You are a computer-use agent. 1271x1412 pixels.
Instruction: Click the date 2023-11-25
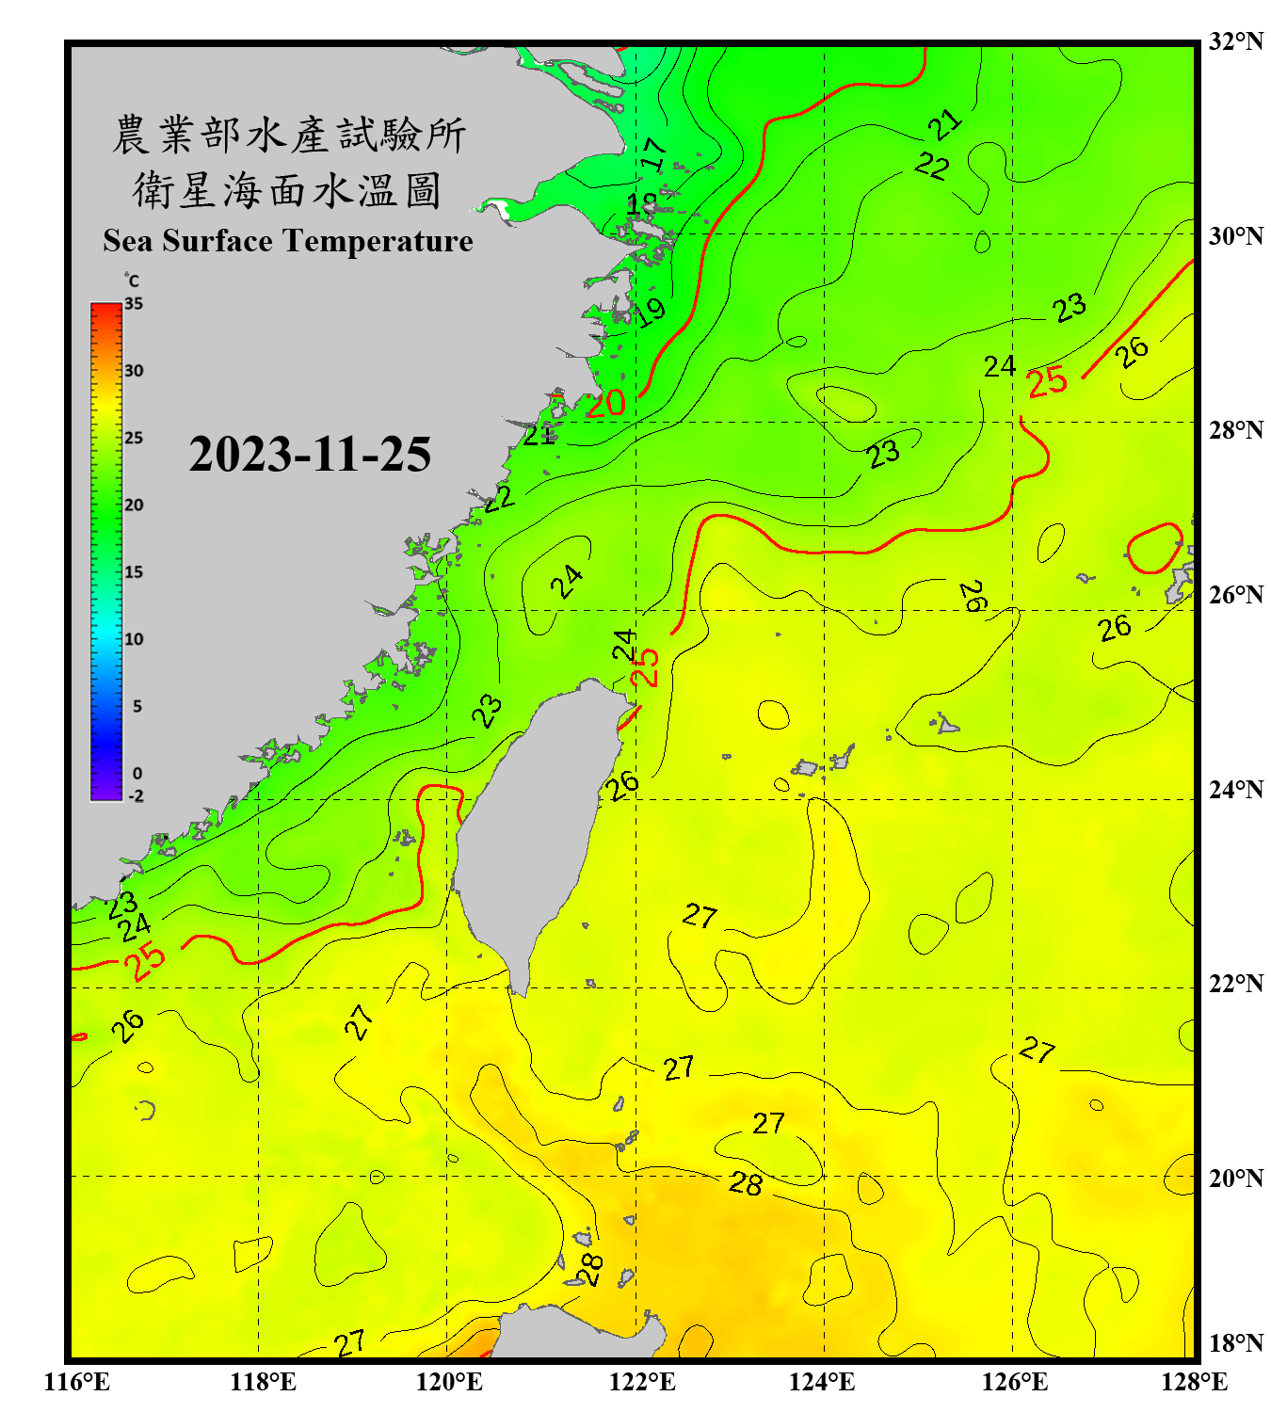click(310, 455)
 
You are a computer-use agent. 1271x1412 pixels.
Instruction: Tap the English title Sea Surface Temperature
click(287, 241)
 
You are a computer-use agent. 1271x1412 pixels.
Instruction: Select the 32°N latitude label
click(1235, 41)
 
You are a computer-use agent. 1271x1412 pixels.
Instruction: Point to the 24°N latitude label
click(1235, 790)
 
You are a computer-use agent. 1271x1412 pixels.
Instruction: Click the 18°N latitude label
click(1235, 1343)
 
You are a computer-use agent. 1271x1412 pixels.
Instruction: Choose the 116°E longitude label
click(76, 1382)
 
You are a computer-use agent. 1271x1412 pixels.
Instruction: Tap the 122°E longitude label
click(642, 1382)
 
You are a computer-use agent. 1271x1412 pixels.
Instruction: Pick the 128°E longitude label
click(1194, 1382)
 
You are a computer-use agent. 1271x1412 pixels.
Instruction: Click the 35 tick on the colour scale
click(134, 304)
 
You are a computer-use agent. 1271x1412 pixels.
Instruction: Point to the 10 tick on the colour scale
click(134, 639)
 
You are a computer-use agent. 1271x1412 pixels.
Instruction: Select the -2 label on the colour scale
click(136, 796)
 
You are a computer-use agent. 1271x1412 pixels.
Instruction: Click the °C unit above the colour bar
click(132, 281)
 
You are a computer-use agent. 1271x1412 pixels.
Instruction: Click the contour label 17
click(653, 153)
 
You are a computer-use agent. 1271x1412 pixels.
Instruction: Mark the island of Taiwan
click(537, 828)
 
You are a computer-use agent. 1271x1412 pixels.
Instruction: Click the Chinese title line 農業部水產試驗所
click(288, 135)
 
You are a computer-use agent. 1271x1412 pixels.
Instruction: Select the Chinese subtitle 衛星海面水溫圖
click(287, 190)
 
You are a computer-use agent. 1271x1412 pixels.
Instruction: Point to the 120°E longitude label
click(449, 1382)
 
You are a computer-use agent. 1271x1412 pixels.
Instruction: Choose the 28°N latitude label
click(1235, 430)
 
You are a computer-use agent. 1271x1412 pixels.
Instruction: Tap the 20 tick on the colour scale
click(134, 505)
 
